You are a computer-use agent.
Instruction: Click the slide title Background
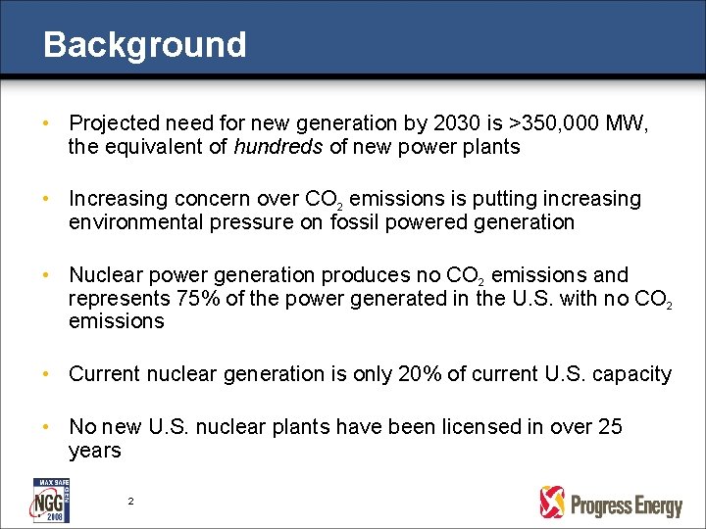pos(144,44)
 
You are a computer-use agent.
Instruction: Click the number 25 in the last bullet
pos(609,427)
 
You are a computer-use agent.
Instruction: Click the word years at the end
pos(94,451)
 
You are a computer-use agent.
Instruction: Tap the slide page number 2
pos(130,502)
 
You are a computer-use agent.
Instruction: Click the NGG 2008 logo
pos(49,501)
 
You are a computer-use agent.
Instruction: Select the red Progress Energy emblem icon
pos(553,503)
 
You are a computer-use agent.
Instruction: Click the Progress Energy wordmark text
pos(626,505)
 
